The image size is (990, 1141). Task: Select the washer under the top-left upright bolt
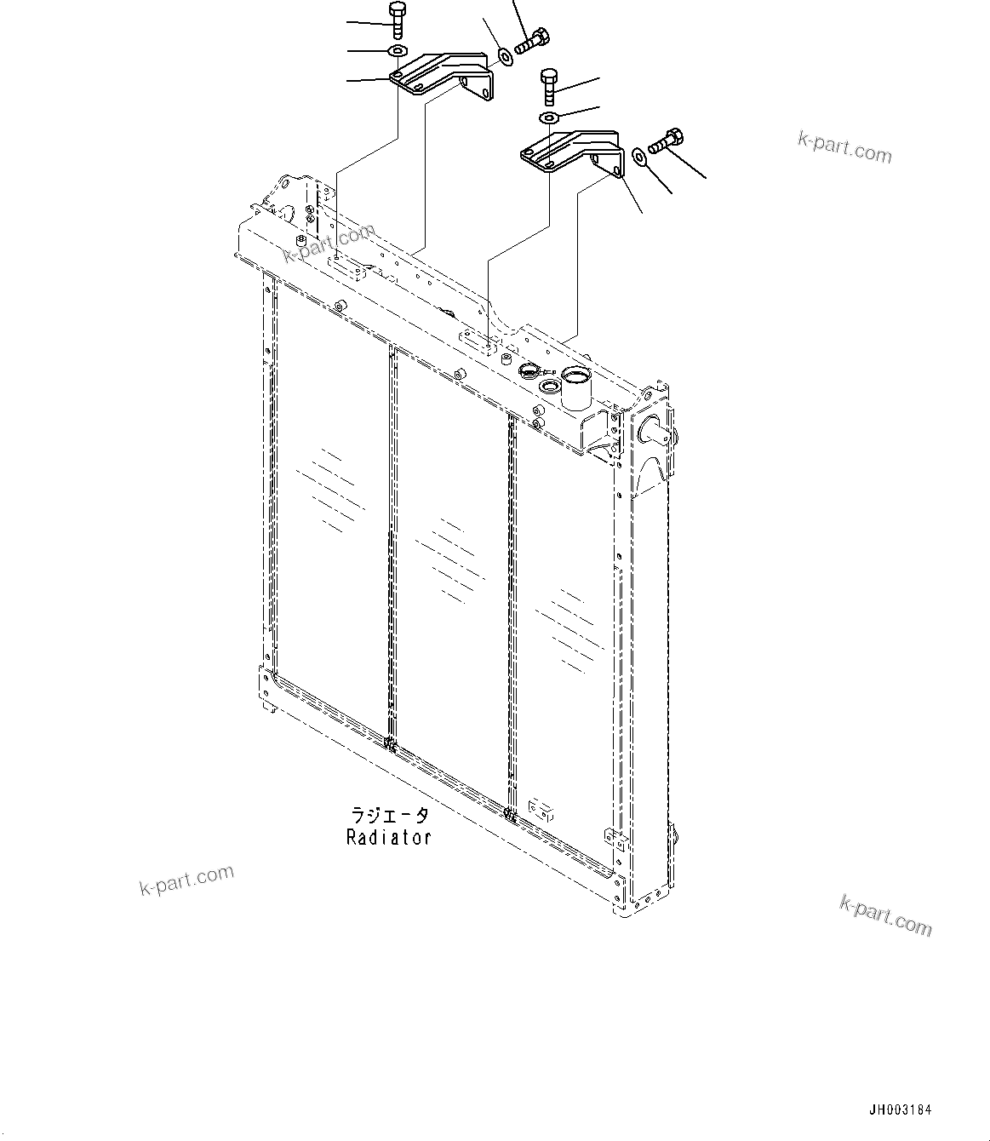coord(398,51)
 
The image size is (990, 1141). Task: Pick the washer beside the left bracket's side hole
coord(505,56)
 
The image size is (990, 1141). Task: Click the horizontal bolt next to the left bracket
coord(533,41)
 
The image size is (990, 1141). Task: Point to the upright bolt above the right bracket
coord(549,86)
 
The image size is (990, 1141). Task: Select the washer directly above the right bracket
coord(549,117)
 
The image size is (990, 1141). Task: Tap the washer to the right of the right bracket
coord(639,155)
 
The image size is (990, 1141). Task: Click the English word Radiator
coord(389,838)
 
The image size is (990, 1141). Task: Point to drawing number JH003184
coord(900,1110)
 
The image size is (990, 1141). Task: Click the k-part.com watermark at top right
coord(844,147)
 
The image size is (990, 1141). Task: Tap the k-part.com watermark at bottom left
coord(186,880)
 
